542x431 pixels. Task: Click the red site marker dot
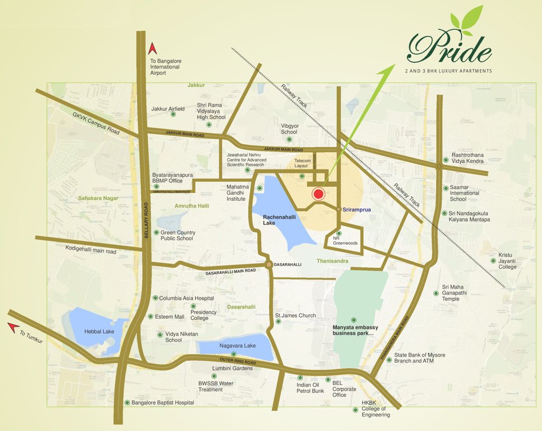(318, 194)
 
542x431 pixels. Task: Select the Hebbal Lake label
(99, 332)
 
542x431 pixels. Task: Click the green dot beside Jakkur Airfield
(173, 114)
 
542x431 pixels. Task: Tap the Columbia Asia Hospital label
(186, 299)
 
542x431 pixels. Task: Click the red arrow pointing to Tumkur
(12, 327)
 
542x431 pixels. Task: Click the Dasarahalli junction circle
(269, 264)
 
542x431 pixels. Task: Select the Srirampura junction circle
(339, 209)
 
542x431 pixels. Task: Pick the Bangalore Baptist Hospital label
(163, 403)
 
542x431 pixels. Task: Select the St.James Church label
(295, 315)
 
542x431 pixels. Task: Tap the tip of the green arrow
(392, 66)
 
